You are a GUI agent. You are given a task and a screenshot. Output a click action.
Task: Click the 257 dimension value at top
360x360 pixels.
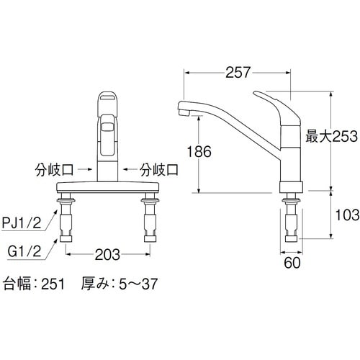[x=238, y=72]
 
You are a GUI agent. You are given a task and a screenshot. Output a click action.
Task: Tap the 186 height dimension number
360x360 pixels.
[x=199, y=151]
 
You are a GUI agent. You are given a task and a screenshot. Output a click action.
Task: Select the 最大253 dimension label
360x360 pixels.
[x=331, y=136]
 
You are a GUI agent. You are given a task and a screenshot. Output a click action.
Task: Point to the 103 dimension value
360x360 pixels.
[x=347, y=215]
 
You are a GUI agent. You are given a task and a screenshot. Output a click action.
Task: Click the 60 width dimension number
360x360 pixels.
[x=292, y=263]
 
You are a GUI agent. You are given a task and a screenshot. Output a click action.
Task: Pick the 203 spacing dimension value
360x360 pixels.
[x=107, y=255]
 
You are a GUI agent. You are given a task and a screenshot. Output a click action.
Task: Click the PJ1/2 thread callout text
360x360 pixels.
[x=22, y=222]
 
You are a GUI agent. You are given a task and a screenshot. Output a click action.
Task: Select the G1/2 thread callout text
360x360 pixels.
[x=24, y=251]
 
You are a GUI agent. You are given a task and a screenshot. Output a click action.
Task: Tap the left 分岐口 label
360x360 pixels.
[x=54, y=170]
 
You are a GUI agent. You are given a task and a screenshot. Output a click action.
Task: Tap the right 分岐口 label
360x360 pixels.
[x=159, y=170]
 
